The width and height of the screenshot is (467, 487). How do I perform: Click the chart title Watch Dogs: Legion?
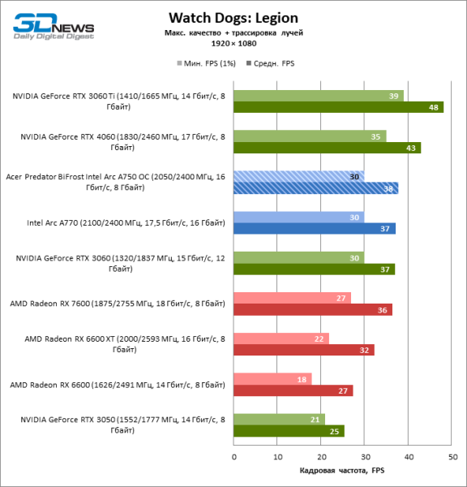[x=233, y=17]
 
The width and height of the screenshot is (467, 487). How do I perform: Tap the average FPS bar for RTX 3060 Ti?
[x=338, y=107]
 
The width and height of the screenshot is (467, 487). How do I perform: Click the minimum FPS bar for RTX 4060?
[x=310, y=136]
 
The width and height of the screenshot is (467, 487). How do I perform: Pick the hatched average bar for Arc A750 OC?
[x=315, y=188]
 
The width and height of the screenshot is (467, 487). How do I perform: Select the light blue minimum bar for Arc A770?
[x=298, y=217]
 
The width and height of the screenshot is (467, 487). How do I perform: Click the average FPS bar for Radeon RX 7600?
[x=312, y=309]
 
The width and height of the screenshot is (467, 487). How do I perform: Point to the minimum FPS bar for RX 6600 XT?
[x=281, y=338]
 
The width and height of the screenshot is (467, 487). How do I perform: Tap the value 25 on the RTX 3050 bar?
[x=334, y=431]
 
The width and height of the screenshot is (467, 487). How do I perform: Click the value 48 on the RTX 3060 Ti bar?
[x=435, y=107]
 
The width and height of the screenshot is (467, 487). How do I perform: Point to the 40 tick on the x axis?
[x=408, y=456]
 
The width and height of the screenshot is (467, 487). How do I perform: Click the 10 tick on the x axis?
[x=277, y=456]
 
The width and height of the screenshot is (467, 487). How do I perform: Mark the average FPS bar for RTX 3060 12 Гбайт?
[x=314, y=269]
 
